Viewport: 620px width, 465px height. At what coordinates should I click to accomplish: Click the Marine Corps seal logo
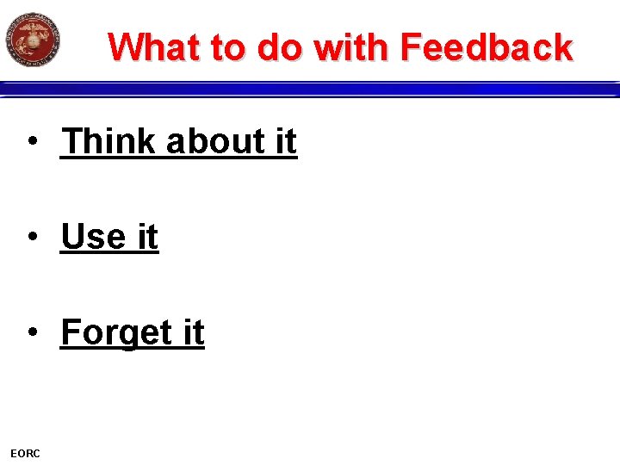click(33, 40)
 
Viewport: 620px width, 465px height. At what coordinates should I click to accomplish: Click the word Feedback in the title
click(486, 47)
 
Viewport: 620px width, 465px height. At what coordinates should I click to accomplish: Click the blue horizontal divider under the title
click(310, 89)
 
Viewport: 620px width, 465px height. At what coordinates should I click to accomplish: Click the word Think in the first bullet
click(109, 142)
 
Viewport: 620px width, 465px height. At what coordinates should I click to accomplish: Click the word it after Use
click(146, 238)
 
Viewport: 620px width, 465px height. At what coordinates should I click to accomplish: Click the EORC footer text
click(25, 453)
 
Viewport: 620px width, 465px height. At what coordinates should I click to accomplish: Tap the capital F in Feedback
click(412, 47)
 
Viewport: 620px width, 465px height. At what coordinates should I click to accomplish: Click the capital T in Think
click(72, 142)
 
